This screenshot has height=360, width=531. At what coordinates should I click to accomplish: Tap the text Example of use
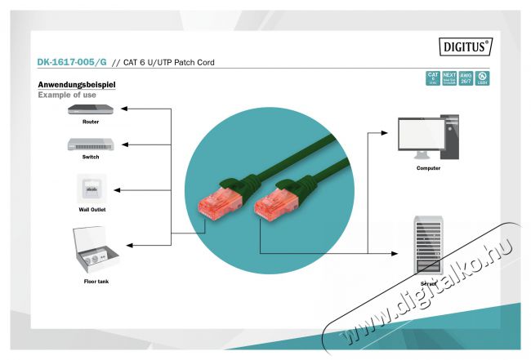67,96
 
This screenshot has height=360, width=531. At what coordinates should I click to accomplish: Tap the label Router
90,122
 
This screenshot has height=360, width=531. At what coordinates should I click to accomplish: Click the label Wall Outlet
91,210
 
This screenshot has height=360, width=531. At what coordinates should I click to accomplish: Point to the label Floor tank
96,281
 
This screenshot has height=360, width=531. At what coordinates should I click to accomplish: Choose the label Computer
427,168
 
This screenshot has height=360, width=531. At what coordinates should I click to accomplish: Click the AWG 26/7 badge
466,78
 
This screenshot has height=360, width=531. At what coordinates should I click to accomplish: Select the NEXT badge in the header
449,78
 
